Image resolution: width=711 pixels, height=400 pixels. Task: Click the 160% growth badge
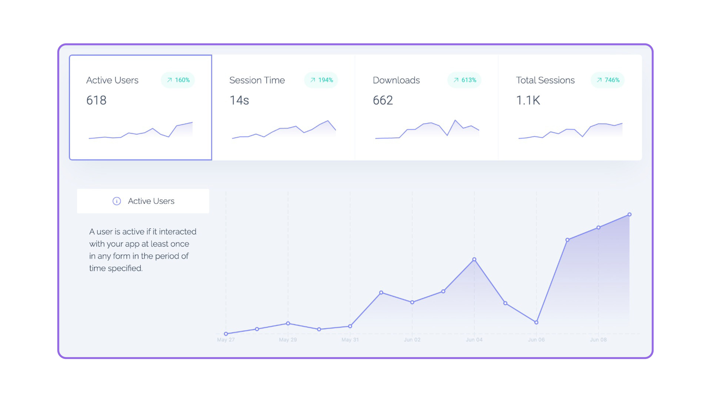click(178, 80)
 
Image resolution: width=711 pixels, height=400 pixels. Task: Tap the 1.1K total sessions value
click(528, 100)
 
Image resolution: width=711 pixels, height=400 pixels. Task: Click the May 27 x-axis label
click(226, 340)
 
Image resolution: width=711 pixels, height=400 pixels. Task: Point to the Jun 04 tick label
click(474, 340)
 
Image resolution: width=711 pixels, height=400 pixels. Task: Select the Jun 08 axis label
click(598, 340)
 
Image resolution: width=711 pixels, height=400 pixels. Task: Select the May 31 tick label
click(350, 340)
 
